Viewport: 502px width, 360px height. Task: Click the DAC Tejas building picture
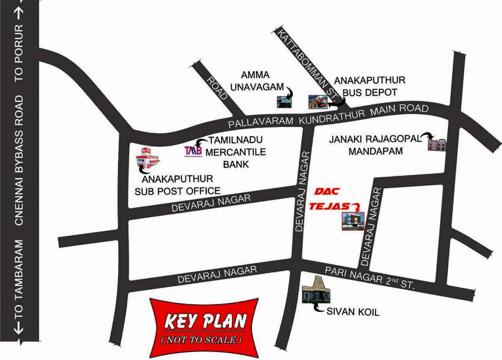click(352, 220)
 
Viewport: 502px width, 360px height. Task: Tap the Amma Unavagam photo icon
click(283, 100)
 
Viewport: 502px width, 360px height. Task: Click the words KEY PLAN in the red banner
click(205, 322)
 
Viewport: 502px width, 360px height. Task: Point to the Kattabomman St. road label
click(307, 63)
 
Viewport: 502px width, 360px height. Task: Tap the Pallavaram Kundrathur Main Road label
click(328, 116)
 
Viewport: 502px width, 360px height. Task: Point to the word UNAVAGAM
click(256, 86)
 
